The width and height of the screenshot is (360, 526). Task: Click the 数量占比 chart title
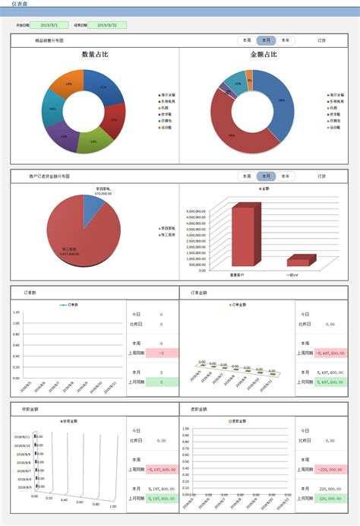94,55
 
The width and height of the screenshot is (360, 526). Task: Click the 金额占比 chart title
264,55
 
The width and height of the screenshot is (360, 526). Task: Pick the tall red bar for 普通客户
244,236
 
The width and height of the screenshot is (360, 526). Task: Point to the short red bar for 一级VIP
299,261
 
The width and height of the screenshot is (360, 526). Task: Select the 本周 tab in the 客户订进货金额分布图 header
246,176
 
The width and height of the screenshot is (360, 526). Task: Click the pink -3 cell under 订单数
161,353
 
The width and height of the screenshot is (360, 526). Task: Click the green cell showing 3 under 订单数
161,381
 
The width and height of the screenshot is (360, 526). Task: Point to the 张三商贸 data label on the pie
67,252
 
